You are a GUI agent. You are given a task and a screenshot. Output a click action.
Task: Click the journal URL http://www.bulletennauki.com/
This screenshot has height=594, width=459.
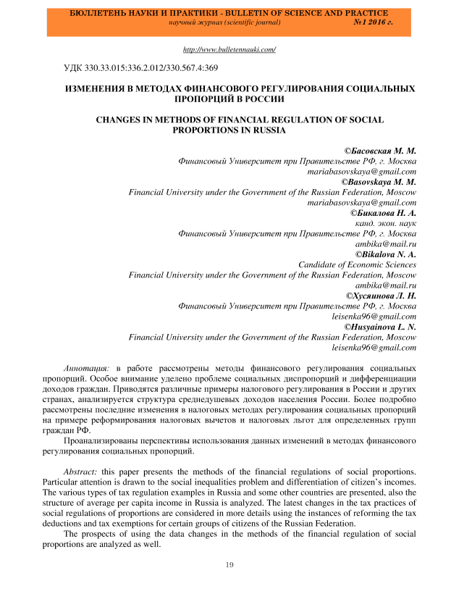point(230,49)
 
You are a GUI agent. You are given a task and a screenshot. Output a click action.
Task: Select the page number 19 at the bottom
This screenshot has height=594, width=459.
point(230,565)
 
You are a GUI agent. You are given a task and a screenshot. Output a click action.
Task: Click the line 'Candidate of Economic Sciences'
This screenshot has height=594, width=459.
point(358,264)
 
